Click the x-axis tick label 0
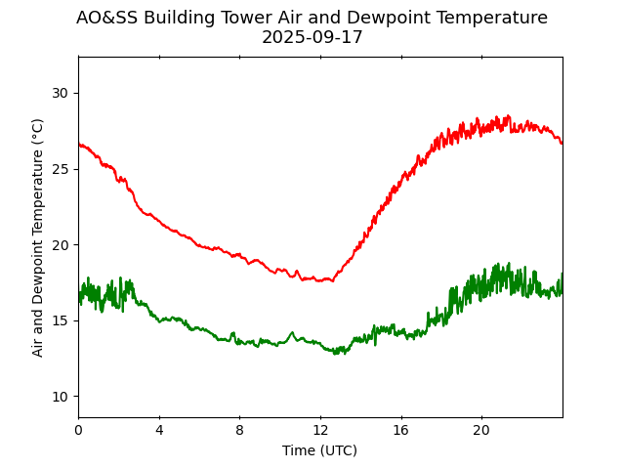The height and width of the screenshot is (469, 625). click(78, 429)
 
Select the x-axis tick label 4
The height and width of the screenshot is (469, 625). click(159, 429)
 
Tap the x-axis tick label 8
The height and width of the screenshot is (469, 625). click(239, 429)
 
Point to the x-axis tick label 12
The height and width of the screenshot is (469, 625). click(320, 429)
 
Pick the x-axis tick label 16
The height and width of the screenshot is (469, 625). click(400, 429)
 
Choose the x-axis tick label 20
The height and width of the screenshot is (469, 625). click(481, 429)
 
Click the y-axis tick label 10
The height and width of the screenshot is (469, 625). click(61, 396)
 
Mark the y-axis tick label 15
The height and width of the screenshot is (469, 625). click(61, 320)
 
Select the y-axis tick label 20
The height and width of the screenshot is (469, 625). click(61, 244)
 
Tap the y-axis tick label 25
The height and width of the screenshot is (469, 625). click(61, 169)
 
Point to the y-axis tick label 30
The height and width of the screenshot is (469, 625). click(61, 93)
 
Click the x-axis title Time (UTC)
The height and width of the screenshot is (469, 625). click(320, 450)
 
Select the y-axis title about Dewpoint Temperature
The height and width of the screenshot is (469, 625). click(38, 237)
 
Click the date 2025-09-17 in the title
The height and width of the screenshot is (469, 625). click(312, 38)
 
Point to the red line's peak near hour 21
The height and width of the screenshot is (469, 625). click(507, 116)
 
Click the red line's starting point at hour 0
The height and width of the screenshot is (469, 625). click(79, 145)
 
